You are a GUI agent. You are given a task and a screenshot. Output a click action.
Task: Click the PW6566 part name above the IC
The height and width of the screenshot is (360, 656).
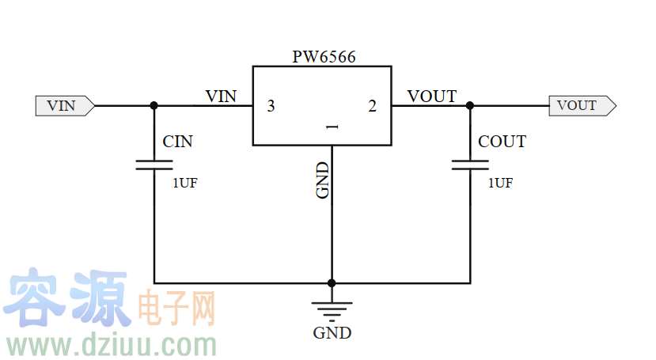[x=323, y=57]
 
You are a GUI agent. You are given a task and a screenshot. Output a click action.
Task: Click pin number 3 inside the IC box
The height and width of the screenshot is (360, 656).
[x=271, y=106]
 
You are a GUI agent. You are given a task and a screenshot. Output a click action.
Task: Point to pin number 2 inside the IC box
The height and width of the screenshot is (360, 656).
[x=373, y=106]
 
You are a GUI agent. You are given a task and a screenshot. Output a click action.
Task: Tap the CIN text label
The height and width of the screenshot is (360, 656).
[x=177, y=142]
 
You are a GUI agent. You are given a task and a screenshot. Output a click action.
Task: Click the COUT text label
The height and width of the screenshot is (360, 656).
[x=502, y=142]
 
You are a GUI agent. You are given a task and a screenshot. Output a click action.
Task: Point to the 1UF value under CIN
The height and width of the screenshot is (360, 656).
[x=185, y=183]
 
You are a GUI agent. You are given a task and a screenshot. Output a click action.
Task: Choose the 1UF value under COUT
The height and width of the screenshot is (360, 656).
[x=500, y=183]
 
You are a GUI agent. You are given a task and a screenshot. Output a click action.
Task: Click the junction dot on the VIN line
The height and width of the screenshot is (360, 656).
[x=154, y=105]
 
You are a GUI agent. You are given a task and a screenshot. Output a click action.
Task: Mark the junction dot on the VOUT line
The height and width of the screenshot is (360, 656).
[x=470, y=105]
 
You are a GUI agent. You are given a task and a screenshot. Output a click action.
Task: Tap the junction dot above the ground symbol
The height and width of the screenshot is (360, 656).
[x=332, y=282]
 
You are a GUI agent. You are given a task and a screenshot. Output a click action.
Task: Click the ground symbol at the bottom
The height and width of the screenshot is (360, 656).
[x=332, y=310]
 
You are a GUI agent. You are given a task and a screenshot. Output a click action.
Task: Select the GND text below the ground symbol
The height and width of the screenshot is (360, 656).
[x=332, y=333]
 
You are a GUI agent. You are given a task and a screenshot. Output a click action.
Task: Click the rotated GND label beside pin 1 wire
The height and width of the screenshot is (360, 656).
[x=323, y=180]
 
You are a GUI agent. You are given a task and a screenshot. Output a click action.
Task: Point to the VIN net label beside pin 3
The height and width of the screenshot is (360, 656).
[x=221, y=97]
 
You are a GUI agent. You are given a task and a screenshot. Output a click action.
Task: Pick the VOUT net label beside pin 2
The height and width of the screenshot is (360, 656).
[x=431, y=97]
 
